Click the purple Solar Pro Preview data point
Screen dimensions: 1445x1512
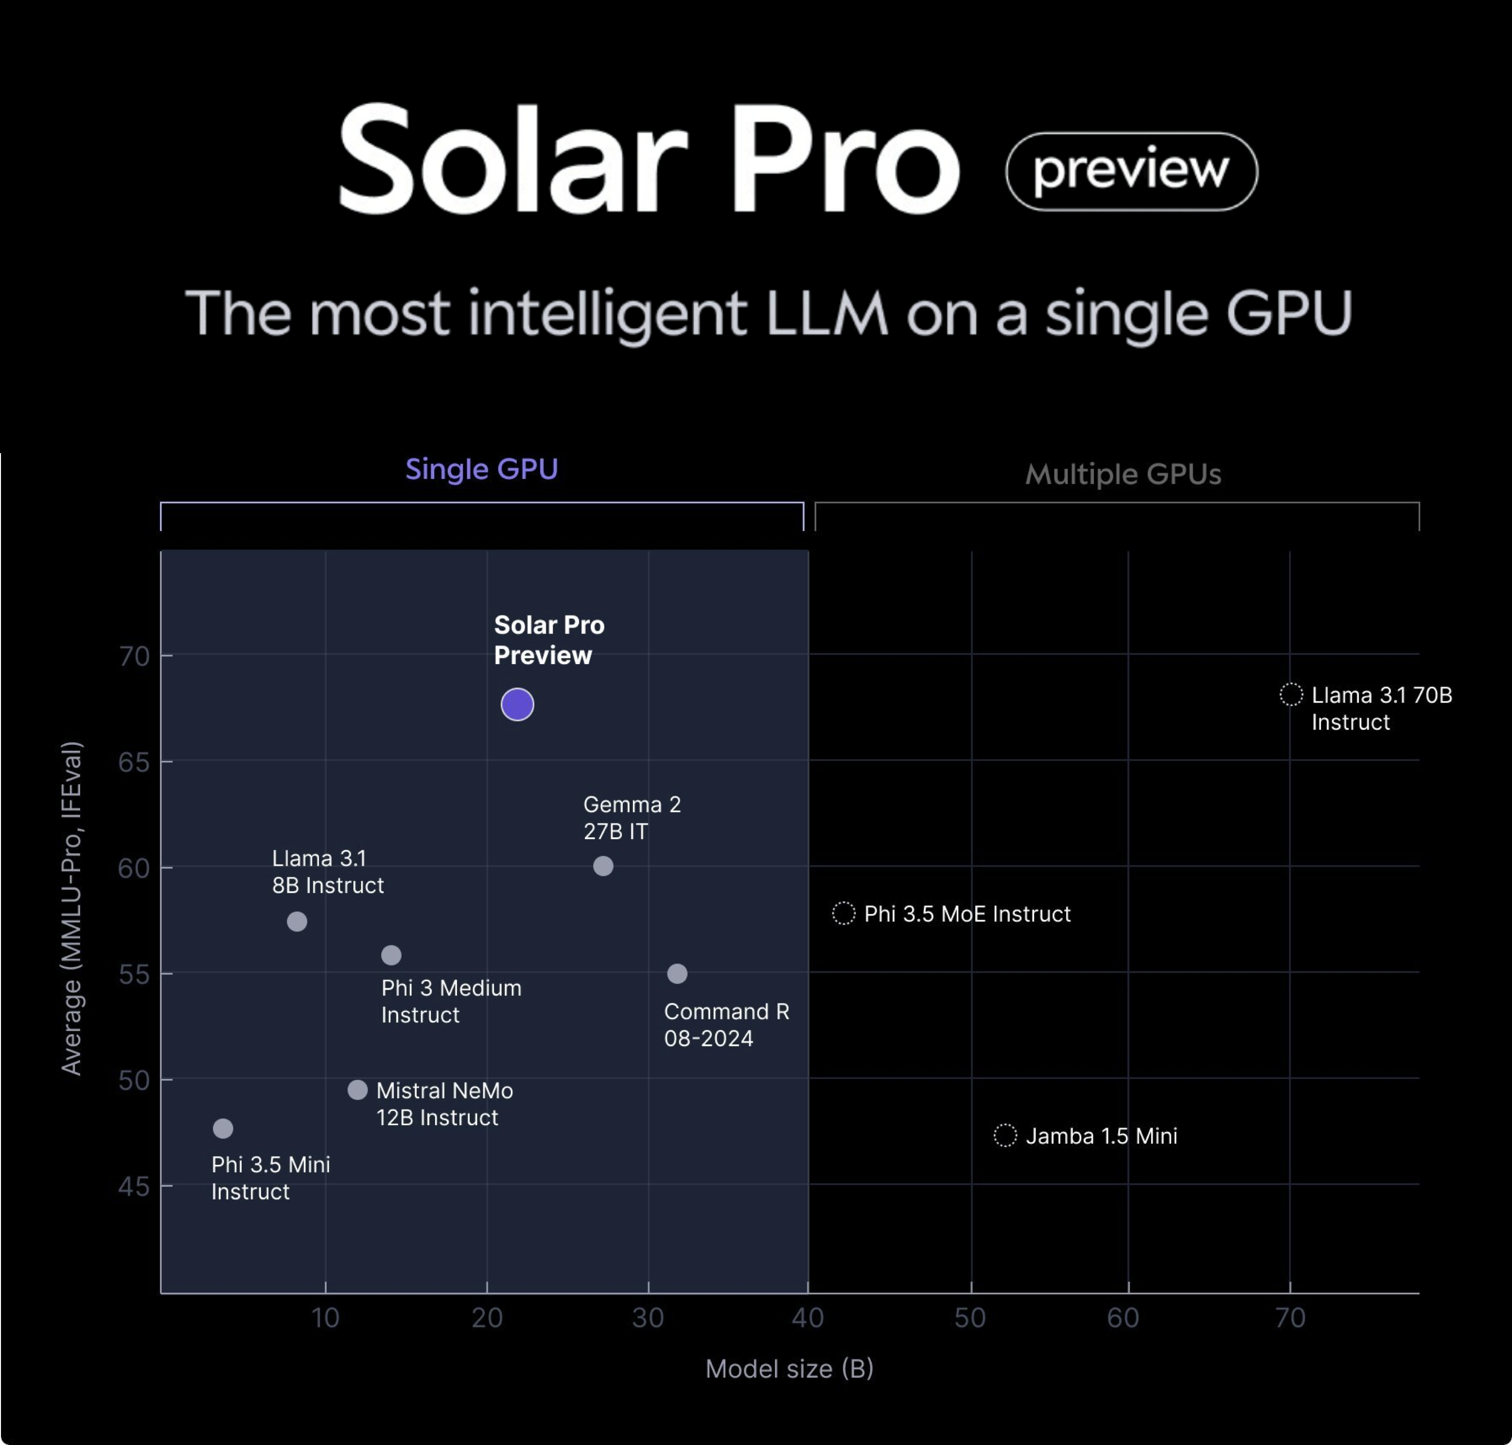click(517, 704)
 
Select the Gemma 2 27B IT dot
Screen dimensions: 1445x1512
click(603, 866)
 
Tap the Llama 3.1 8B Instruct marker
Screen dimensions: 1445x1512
click(297, 921)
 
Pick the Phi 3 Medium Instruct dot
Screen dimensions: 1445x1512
click(391, 955)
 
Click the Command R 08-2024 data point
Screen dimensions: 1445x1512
click(677, 973)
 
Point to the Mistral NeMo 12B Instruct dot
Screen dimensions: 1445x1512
click(357, 1090)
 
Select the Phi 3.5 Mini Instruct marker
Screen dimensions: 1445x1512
click(223, 1128)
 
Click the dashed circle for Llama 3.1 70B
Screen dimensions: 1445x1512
click(1291, 694)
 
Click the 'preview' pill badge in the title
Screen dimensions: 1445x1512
click(1131, 171)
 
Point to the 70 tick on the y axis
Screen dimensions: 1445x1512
click(134, 656)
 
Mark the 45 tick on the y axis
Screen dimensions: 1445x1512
click(134, 1186)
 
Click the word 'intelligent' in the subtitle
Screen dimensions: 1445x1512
click(607, 314)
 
